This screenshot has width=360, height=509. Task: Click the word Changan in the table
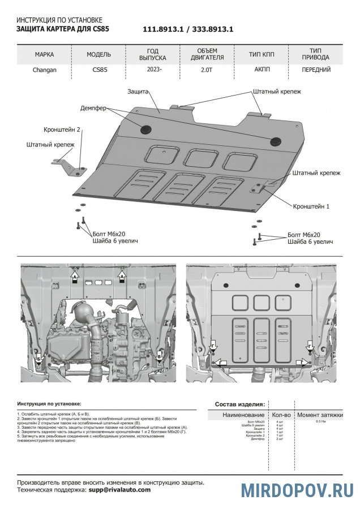44,71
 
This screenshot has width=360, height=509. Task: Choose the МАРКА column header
44,55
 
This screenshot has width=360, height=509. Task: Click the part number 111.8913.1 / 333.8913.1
188,29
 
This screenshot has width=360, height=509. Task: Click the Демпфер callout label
93,107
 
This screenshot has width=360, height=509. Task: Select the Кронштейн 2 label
62,129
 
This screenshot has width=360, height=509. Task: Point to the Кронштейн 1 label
311,206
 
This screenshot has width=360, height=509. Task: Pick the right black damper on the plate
276,141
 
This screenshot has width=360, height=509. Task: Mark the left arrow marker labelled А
74,278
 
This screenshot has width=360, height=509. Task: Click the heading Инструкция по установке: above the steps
49,404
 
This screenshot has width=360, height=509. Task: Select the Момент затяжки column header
320,415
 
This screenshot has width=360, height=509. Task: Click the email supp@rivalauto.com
119,490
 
